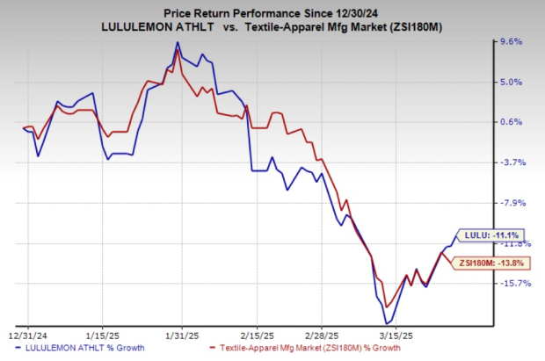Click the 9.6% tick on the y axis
coord(512,42)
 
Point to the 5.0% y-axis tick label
coord(512,83)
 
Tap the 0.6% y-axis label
coord(512,122)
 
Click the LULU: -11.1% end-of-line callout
coord(490,235)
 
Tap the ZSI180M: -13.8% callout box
coord(487,262)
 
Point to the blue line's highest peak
coord(178,42)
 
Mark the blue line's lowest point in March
coord(386,323)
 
